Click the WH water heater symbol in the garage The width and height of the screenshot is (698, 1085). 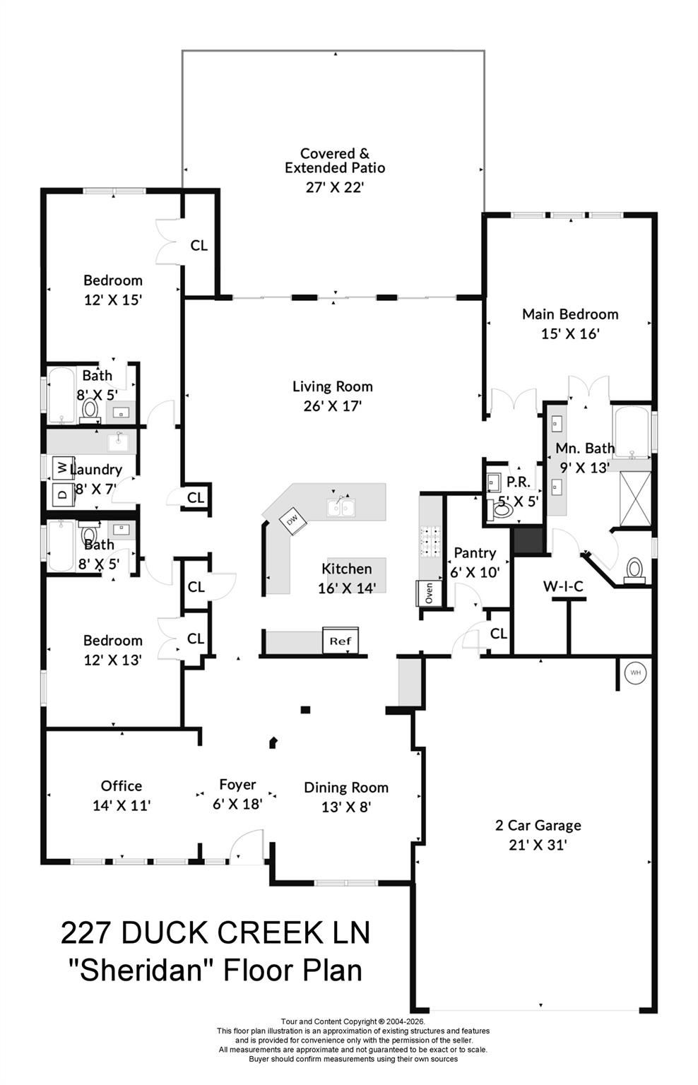pos(634,672)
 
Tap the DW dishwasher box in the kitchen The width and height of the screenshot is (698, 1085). pos(291,520)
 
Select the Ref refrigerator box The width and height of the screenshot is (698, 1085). pos(341,641)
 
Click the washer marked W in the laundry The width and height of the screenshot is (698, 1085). pos(61,467)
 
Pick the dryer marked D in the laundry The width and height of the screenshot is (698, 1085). pos(61,494)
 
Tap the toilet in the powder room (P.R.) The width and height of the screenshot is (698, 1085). pos(502,510)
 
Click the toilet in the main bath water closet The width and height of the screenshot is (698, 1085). pos(635,569)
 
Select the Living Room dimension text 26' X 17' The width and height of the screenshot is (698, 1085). pos(332,406)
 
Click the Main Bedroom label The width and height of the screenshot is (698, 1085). pos(569,314)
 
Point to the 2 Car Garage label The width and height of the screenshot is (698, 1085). pos(538,825)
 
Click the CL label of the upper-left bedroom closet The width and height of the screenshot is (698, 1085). pos(199,245)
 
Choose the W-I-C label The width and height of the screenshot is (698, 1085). pos(562,586)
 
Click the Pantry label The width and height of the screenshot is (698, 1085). pos(475,552)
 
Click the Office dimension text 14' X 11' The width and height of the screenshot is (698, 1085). pos(122,805)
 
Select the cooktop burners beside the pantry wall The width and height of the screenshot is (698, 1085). pos(429,542)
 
